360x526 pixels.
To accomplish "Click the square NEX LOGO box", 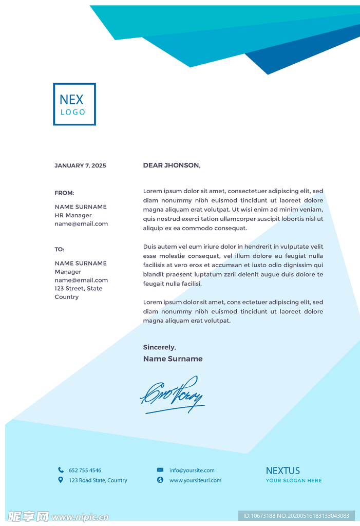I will tap(74, 104).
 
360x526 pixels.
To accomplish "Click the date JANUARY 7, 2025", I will tap(80, 165).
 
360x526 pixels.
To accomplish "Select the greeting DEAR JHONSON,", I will tap(172, 165).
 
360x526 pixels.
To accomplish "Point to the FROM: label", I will tap(64, 193).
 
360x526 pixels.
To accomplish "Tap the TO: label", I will tap(60, 249).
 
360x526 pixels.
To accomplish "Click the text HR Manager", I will tap(73, 215).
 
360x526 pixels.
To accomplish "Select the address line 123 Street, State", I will tap(79, 289).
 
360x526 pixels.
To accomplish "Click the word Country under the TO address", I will tap(67, 297).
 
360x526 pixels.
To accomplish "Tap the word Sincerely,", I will tap(159, 347).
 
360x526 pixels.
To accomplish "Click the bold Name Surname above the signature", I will tap(173, 359).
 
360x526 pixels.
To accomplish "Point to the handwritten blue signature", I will tap(172, 395).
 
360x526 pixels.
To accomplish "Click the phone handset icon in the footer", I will tap(61, 469).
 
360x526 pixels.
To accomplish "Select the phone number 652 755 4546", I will tap(85, 470).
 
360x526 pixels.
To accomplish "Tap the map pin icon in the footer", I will tap(61, 480).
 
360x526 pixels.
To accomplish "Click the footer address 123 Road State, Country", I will tap(98, 480).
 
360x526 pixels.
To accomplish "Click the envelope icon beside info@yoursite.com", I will tap(160, 469).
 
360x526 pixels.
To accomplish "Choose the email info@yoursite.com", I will tap(192, 470).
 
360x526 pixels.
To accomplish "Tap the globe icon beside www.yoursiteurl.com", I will tap(160, 480).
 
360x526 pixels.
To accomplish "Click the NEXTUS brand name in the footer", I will tap(283, 471).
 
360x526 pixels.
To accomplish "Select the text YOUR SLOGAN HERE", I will tap(294, 481).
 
